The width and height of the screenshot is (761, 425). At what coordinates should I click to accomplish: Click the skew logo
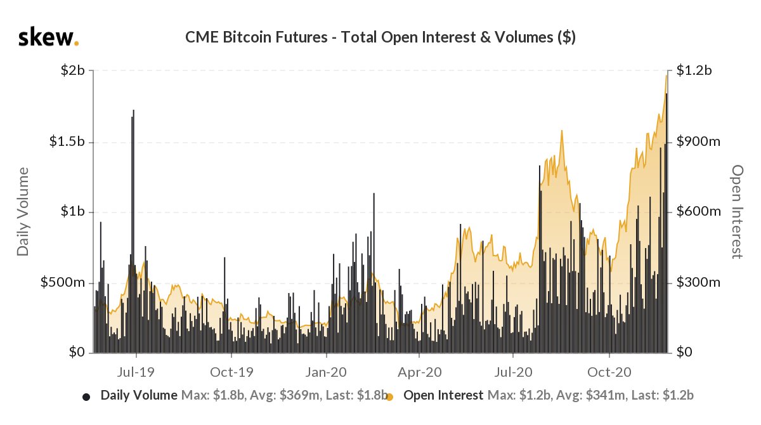click(48, 37)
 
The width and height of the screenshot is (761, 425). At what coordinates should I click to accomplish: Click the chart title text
click(380, 37)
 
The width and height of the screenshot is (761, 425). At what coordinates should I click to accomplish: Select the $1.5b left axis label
click(67, 141)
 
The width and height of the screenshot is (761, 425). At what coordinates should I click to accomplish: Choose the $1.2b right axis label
click(694, 70)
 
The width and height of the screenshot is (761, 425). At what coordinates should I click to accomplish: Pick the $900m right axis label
click(698, 141)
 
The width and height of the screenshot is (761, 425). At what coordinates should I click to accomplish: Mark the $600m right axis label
click(698, 212)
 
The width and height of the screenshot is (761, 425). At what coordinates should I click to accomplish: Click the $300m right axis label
click(698, 282)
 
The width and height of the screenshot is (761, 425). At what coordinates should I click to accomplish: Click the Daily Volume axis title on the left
click(23, 212)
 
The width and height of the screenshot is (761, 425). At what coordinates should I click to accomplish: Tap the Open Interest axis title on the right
click(737, 212)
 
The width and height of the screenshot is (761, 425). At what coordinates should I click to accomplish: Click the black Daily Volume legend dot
click(86, 397)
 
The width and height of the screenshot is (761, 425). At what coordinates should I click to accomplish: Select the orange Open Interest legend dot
click(390, 397)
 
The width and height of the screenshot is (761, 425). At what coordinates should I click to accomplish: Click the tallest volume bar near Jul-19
click(133, 190)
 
